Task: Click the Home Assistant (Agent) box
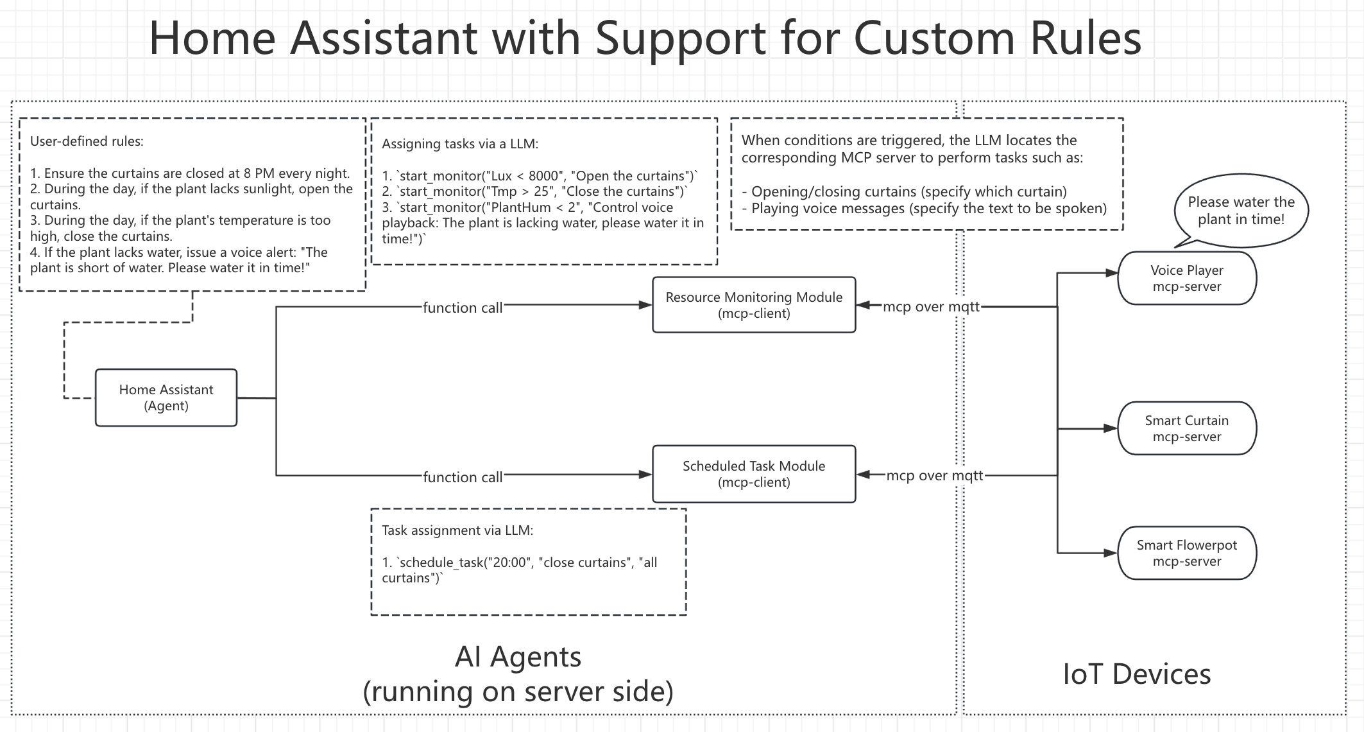pos(166,397)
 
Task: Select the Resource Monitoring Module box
pos(754,305)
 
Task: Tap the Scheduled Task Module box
pos(754,474)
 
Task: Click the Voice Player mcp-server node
pos(1187,278)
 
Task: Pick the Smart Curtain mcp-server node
pos(1187,428)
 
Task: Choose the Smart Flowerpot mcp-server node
pos(1187,553)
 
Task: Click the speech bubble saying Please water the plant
pos(1241,211)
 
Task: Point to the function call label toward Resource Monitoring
pos(463,308)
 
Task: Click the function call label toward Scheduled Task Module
pos(463,477)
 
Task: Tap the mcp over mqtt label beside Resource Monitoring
pos(931,307)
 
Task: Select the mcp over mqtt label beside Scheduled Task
pos(934,476)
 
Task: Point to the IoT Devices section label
pos(1136,674)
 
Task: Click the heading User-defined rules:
pos(87,141)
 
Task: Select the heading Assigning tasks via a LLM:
pos(460,144)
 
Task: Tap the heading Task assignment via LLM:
pos(457,530)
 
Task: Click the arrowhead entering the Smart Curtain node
pos(1111,428)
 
